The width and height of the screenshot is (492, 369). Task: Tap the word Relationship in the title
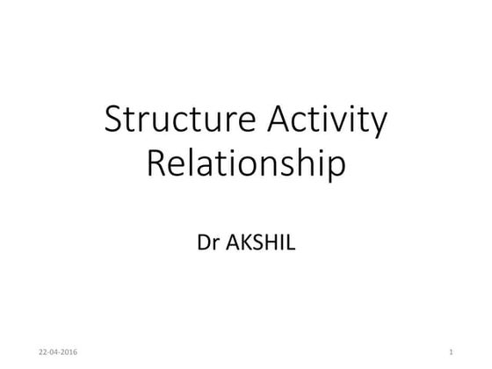point(245,164)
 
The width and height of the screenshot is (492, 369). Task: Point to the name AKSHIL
point(260,239)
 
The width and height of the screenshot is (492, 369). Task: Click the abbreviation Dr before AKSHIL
point(210,239)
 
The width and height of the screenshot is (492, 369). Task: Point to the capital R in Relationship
point(156,164)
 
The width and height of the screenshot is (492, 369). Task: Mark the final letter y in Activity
point(378,125)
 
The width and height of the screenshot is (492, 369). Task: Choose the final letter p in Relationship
point(335,168)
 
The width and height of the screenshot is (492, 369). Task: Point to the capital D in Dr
point(205,239)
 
